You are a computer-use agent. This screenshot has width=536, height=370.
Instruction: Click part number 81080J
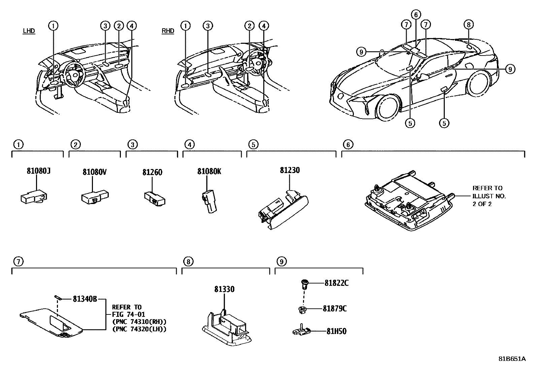[x=39, y=171]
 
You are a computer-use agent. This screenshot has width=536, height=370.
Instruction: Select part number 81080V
[x=95, y=172]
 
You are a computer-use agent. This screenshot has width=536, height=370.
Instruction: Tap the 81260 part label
[x=152, y=172]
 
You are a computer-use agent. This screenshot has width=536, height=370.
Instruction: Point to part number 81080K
[x=209, y=171]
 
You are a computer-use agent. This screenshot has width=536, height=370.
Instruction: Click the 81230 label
[x=290, y=170]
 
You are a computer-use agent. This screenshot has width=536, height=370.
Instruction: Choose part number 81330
[x=224, y=289]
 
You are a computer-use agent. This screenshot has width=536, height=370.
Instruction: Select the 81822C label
[x=336, y=283]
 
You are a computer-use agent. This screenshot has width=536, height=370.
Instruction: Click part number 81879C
[x=335, y=309]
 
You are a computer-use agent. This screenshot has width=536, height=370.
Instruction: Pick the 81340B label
[x=85, y=299]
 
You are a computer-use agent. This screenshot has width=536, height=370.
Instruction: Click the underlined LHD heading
[x=29, y=31]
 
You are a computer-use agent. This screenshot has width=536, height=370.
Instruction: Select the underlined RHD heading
[x=168, y=31]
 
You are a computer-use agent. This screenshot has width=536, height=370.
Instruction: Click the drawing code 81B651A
[x=512, y=359]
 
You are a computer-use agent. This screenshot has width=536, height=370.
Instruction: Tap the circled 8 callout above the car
[x=468, y=24]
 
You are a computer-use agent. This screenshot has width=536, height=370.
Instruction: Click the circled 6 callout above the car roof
[x=416, y=14]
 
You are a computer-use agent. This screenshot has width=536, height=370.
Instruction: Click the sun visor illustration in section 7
[x=51, y=322]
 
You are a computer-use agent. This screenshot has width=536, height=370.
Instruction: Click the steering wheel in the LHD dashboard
[x=74, y=74]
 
